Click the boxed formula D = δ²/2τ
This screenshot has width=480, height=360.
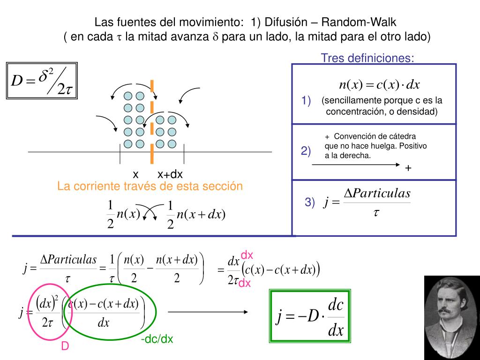coord(42,81)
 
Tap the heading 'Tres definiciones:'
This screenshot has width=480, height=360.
coord(367,58)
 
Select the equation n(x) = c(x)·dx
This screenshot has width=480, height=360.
coord(379,85)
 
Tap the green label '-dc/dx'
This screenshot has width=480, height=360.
coord(157,339)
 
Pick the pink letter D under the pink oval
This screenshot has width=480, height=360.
coord(65,346)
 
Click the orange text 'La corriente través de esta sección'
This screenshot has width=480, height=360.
coord(150,186)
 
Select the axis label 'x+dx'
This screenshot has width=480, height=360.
coord(170,174)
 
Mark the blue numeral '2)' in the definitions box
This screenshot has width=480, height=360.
coord(306,151)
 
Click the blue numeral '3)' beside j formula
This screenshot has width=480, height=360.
coord(310,202)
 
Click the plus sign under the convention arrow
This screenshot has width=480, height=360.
coord(408,168)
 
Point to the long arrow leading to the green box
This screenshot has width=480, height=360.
coord(208,312)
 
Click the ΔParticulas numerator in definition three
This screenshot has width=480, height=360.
coord(377,193)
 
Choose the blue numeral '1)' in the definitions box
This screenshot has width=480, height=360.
coord(307,101)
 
